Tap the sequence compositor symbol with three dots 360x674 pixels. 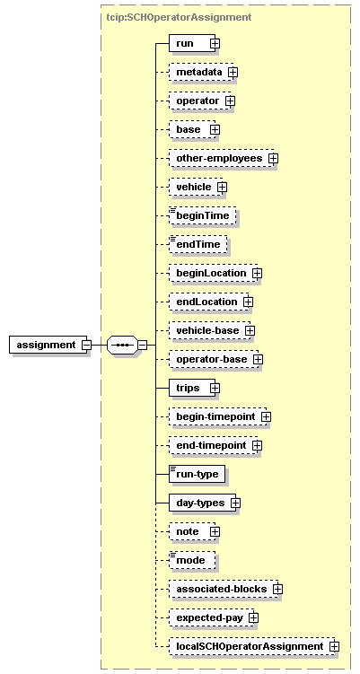[122, 345]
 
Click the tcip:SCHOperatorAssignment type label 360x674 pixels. [179, 17]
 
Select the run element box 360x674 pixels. [192, 43]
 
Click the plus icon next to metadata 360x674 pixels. [233, 72]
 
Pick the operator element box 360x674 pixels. [200, 101]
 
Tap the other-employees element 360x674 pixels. [222, 158]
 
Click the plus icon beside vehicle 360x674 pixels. [222, 187]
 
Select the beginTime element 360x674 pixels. [203, 215]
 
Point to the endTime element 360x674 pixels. [198, 245]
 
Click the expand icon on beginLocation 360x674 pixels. [257, 273]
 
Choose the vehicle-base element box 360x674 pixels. [209, 330]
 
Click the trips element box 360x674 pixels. [192, 388]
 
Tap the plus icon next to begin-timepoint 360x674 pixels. [267, 416]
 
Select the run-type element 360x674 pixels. [197, 474]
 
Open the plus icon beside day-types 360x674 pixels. [235, 503]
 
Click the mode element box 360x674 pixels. [192, 560]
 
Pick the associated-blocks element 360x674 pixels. [224, 589]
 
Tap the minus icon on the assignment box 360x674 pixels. [86, 345]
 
